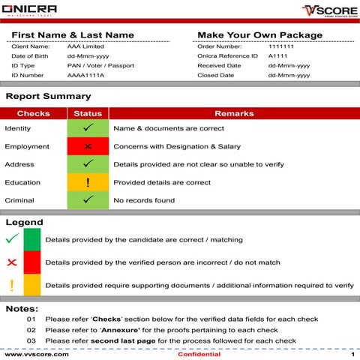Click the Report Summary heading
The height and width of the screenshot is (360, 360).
point(48,97)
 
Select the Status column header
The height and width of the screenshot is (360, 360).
point(88,113)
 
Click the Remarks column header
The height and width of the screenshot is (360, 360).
point(235,113)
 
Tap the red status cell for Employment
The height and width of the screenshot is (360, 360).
point(88,146)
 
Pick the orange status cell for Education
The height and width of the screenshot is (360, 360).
point(88,182)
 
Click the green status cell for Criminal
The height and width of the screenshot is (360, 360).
point(88,200)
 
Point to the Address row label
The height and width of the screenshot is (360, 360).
point(19,164)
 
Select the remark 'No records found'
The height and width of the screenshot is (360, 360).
point(144,200)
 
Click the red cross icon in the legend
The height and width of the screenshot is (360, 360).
point(11,262)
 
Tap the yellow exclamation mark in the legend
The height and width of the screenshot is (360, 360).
point(11,285)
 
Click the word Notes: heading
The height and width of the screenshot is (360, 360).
point(22,309)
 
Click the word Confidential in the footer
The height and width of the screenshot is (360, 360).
point(199,354)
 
